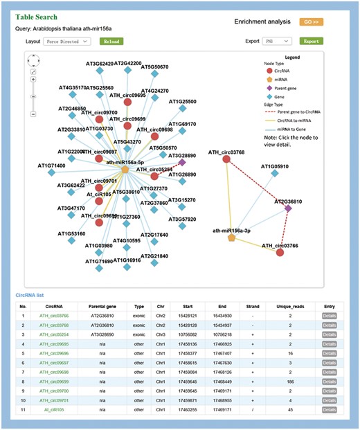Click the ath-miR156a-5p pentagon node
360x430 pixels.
coord(125,169)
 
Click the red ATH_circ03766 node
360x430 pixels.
coord(280,252)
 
